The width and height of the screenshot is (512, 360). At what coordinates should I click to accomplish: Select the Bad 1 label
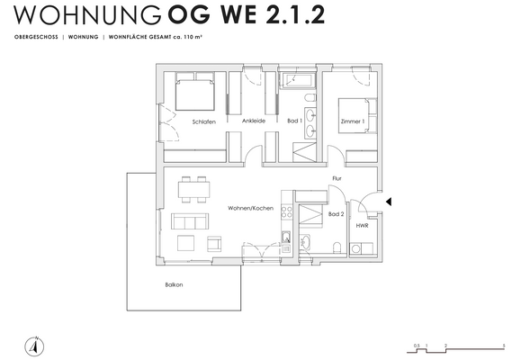(x=293, y=121)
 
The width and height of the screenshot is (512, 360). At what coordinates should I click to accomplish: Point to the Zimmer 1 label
(x=352, y=121)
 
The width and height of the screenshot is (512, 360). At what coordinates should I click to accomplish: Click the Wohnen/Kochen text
(x=250, y=208)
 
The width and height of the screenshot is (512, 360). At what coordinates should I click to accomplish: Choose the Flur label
(x=337, y=178)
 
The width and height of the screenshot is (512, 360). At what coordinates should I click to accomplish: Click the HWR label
(x=362, y=226)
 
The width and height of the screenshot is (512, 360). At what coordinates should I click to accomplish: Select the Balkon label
(x=174, y=285)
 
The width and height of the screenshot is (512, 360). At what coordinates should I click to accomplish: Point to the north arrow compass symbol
(x=34, y=343)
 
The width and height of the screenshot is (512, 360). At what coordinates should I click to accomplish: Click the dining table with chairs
(x=193, y=188)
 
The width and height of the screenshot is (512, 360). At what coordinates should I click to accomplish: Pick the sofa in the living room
(x=189, y=221)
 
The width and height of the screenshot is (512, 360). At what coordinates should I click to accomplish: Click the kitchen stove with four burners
(x=287, y=212)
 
